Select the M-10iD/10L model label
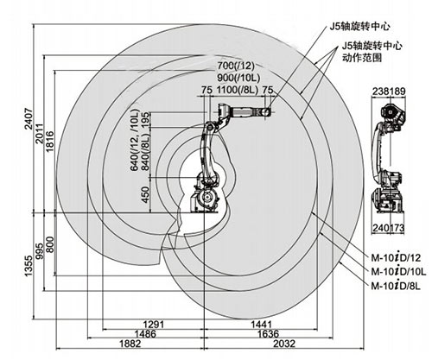coord(397,271)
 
